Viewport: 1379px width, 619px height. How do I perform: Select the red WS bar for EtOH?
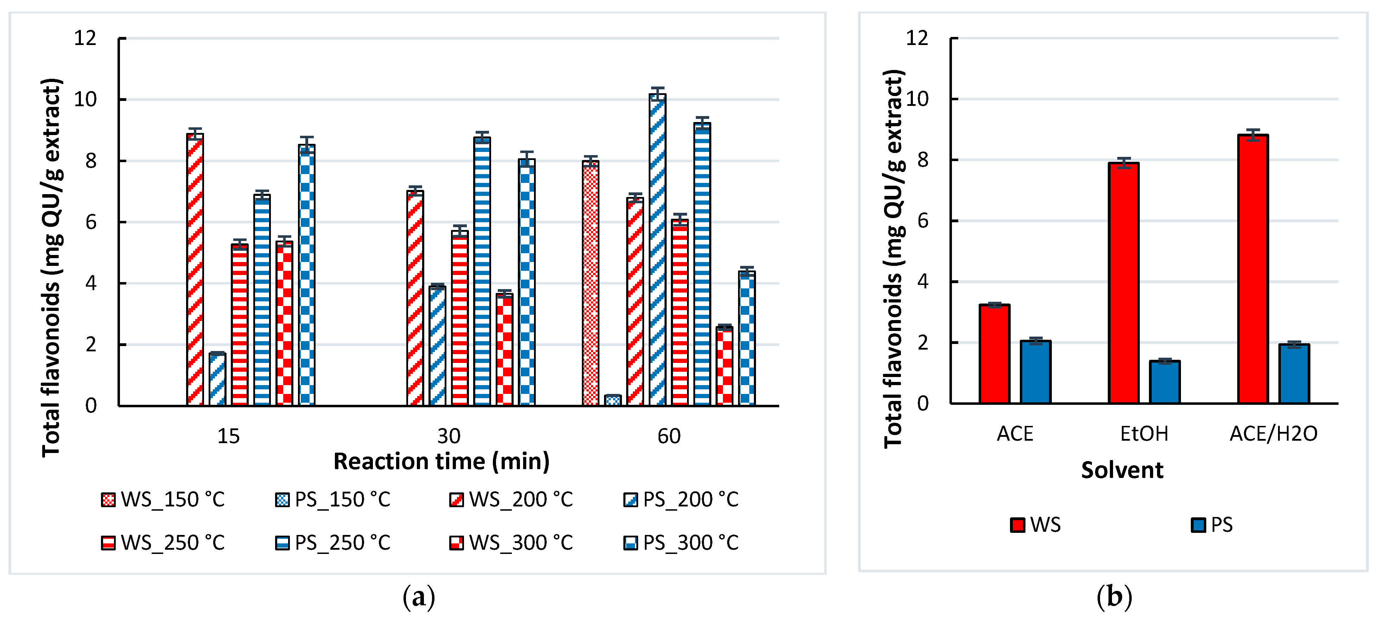pyautogui.click(x=1123, y=283)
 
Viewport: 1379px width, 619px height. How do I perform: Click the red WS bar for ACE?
pyautogui.click(x=994, y=353)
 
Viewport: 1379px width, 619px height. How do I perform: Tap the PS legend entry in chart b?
pyautogui.click(x=1212, y=525)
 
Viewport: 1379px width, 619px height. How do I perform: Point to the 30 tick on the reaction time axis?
pyautogui.click(x=449, y=436)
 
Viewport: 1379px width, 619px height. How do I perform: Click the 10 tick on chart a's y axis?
pyautogui.click(x=85, y=100)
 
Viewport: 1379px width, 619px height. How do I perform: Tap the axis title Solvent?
pyautogui.click(x=1122, y=470)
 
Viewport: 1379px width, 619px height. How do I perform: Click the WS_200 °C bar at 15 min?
pyautogui.click(x=195, y=270)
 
